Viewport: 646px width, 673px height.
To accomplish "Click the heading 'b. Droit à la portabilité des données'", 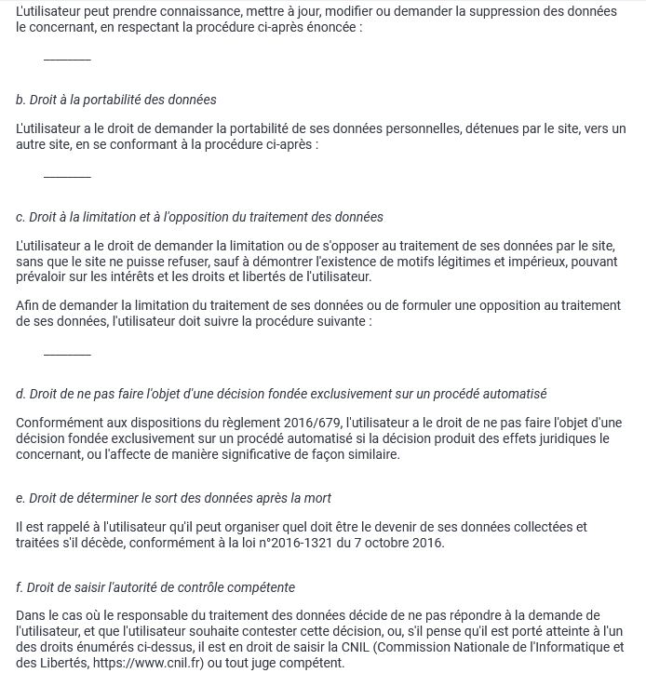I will click(x=116, y=100).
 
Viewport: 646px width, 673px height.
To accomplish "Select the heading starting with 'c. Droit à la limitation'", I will click(x=199, y=217).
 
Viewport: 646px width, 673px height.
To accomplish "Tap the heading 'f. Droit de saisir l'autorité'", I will click(x=155, y=587).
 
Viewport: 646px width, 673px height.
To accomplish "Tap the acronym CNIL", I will click(x=409, y=647).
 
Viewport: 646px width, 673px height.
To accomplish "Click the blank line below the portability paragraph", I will click(x=67, y=176).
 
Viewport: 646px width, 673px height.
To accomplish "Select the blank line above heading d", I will click(x=67, y=354).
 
